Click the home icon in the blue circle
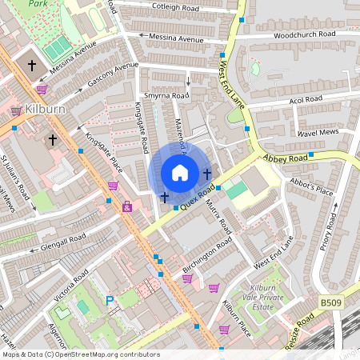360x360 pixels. [180, 172]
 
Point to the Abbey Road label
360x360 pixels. [285, 159]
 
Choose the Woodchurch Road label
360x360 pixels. [304, 34]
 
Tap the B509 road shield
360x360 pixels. [330, 302]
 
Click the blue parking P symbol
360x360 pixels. [110, 301]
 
